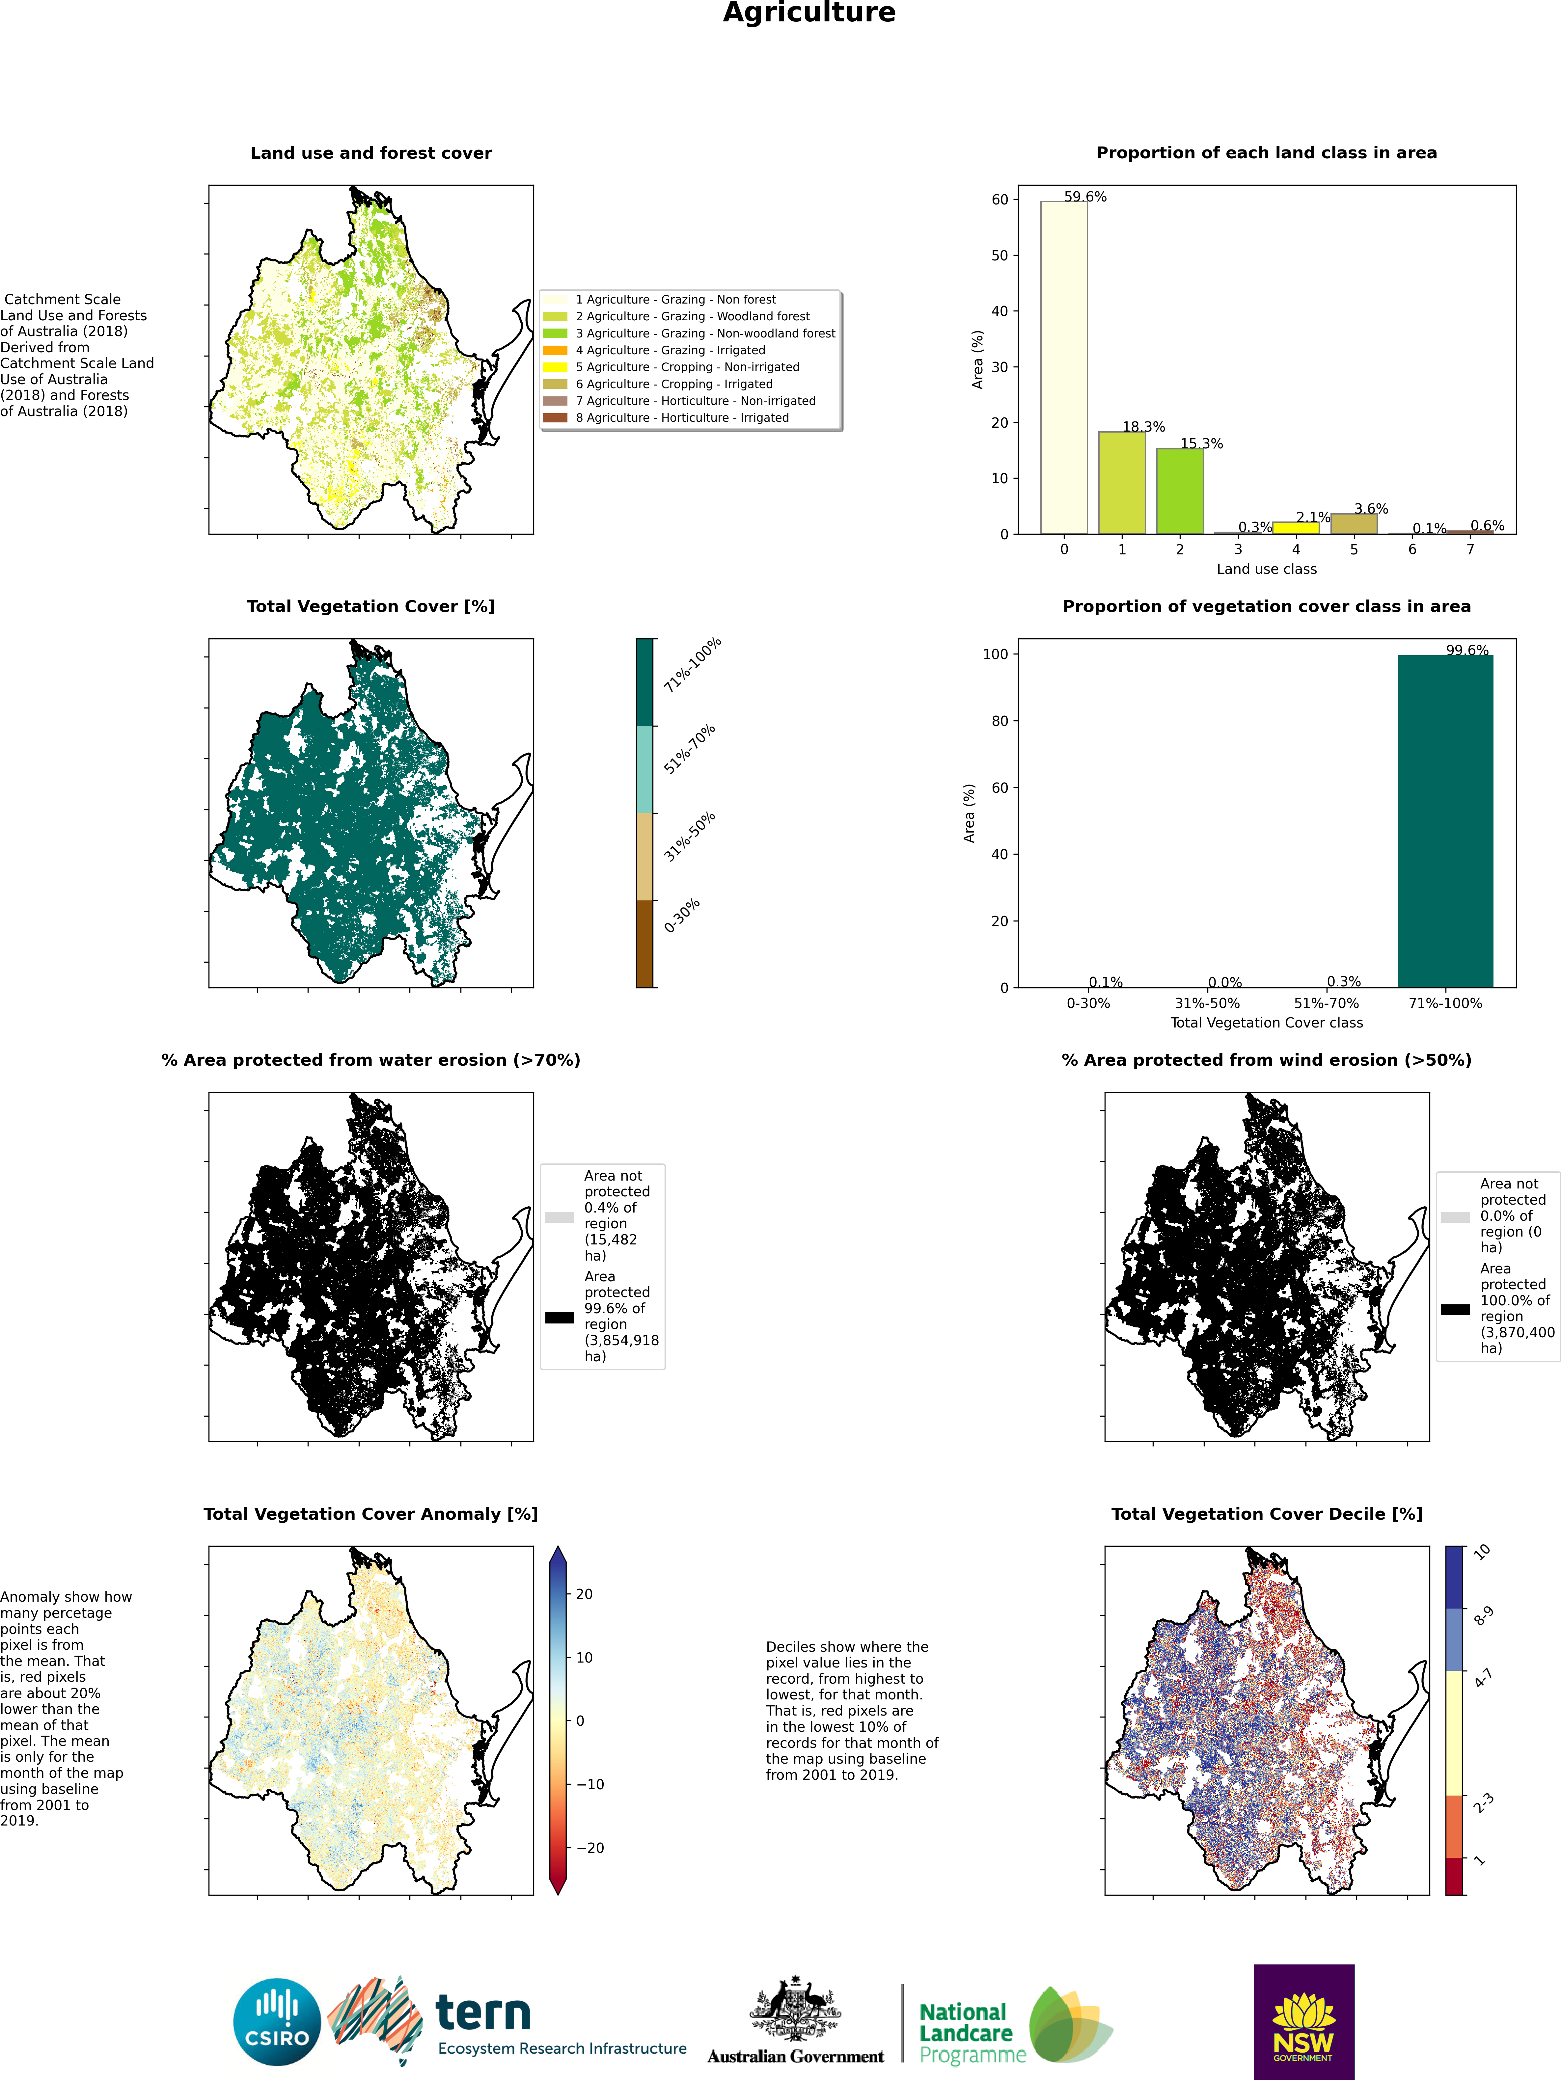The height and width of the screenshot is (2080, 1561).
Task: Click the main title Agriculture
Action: tap(809, 13)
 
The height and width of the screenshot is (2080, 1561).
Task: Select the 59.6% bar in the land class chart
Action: tap(1063, 367)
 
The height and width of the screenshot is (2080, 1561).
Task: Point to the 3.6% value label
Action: tap(1371, 509)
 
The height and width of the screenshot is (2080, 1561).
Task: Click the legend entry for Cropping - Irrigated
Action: tap(673, 384)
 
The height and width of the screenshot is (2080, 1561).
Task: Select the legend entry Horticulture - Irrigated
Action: tap(682, 417)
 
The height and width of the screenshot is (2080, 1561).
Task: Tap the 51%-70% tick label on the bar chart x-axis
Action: tap(1326, 1003)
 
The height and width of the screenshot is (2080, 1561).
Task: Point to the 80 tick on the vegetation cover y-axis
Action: tap(999, 721)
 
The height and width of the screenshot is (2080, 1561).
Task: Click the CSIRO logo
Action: tap(277, 2022)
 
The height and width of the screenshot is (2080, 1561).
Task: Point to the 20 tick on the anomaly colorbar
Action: tap(584, 1594)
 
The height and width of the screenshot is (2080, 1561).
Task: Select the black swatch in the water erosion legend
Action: tap(560, 1318)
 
